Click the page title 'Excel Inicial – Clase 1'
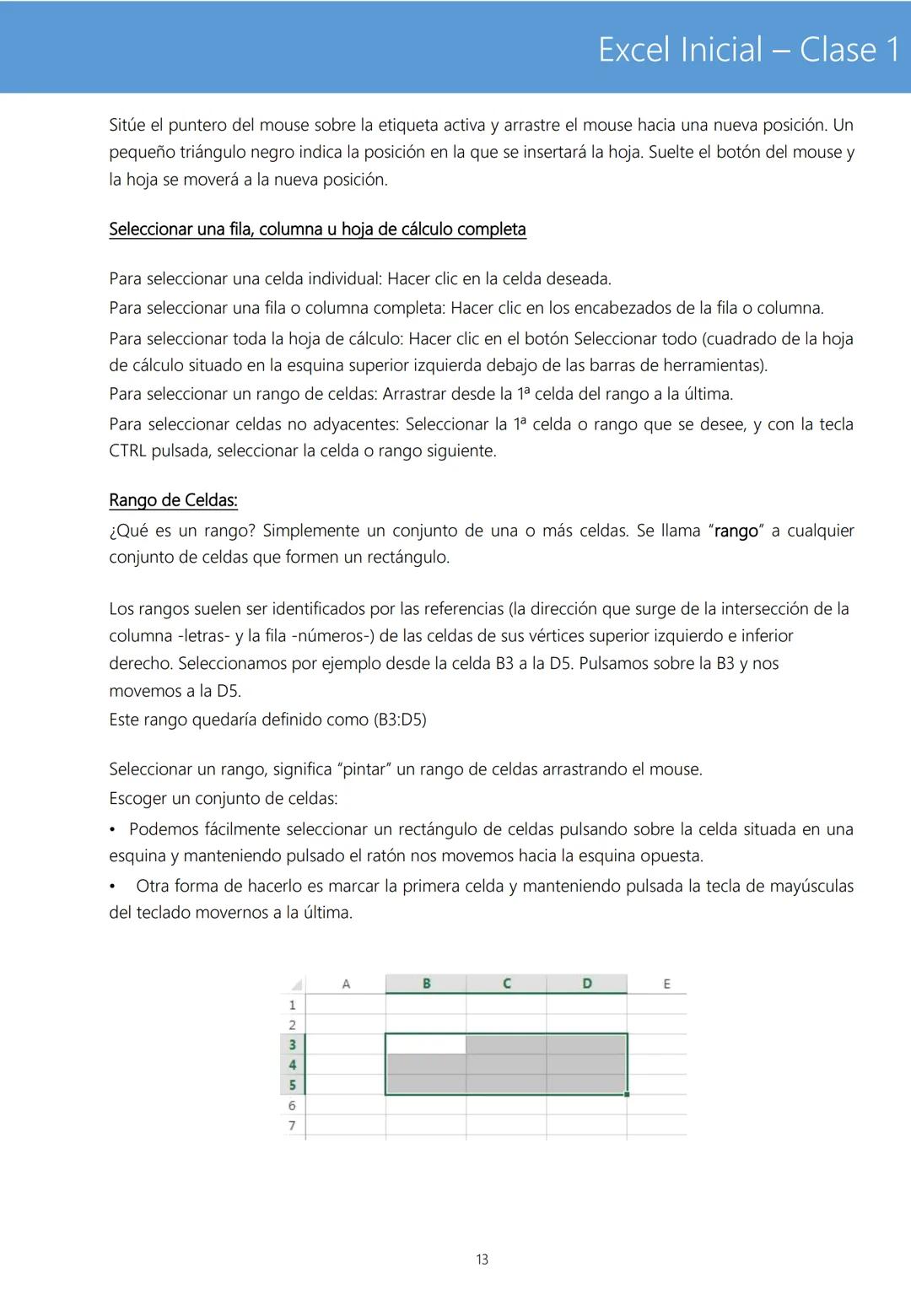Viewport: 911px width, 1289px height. click(749, 50)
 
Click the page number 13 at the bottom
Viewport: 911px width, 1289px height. click(482, 1259)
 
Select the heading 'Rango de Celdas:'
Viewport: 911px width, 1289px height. click(173, 500)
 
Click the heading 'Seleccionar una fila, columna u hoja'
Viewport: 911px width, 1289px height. click(317, 229)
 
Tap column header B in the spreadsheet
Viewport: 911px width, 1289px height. click(426, 984)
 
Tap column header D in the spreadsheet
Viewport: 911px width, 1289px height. click(586, 984)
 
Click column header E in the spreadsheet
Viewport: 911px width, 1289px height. click(666, 984)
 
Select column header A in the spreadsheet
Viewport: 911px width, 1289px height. click(346, 984)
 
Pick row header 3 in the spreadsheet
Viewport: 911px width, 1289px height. click(293, 1044)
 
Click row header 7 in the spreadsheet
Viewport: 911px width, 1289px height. click(293, 1125)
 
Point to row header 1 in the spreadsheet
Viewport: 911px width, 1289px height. click(293, 1005)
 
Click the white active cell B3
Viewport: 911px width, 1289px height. click(426, 1044)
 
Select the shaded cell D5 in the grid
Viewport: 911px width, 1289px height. click(586, 1084)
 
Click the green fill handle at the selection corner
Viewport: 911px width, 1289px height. click(627, 1094)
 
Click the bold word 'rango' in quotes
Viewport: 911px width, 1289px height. click(736, 531)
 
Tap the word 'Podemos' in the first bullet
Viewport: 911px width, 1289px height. click(164, 829)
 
